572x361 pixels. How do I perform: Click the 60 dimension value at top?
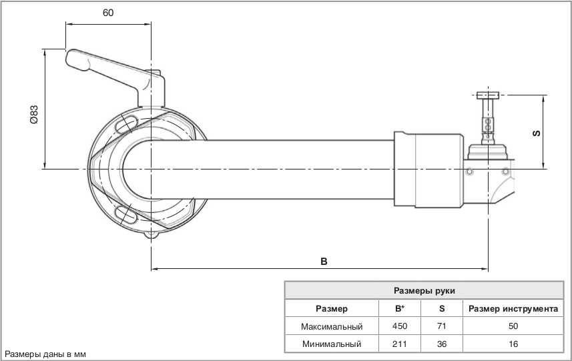108,13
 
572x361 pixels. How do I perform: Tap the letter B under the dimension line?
323,261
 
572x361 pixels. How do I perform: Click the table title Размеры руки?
424,291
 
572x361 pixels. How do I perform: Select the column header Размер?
332,309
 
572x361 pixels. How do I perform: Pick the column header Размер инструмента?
513,309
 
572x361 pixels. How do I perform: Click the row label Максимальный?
332,327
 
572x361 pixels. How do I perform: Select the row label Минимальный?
332,344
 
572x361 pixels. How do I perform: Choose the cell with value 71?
442,327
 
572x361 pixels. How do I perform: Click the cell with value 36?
442,344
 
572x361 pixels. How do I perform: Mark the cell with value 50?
513,327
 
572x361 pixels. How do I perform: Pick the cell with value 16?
513,344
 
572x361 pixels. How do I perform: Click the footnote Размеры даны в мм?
45,354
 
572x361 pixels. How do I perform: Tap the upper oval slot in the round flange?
125,124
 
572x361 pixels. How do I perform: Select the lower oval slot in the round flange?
125,214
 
